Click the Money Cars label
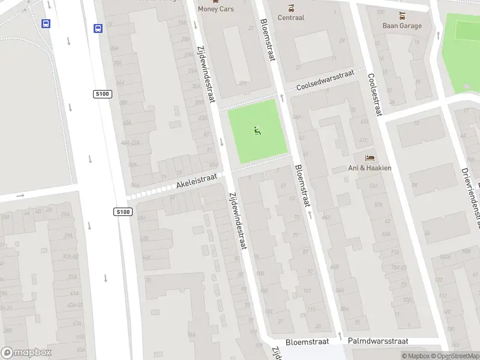coord(216,9)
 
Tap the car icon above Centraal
coord(291,8)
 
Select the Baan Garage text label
coord(402,26)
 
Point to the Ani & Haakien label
coord(370,168)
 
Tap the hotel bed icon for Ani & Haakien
coord(370,158)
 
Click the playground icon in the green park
coord(258,130)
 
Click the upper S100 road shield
coord(102,94)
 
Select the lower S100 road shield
coord(122,212)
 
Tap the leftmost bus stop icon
coord(46,24)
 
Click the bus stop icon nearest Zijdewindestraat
coord(98,28)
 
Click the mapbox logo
coord(27,353)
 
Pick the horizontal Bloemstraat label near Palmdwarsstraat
coord(307,341)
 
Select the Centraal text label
coord(291,17)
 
